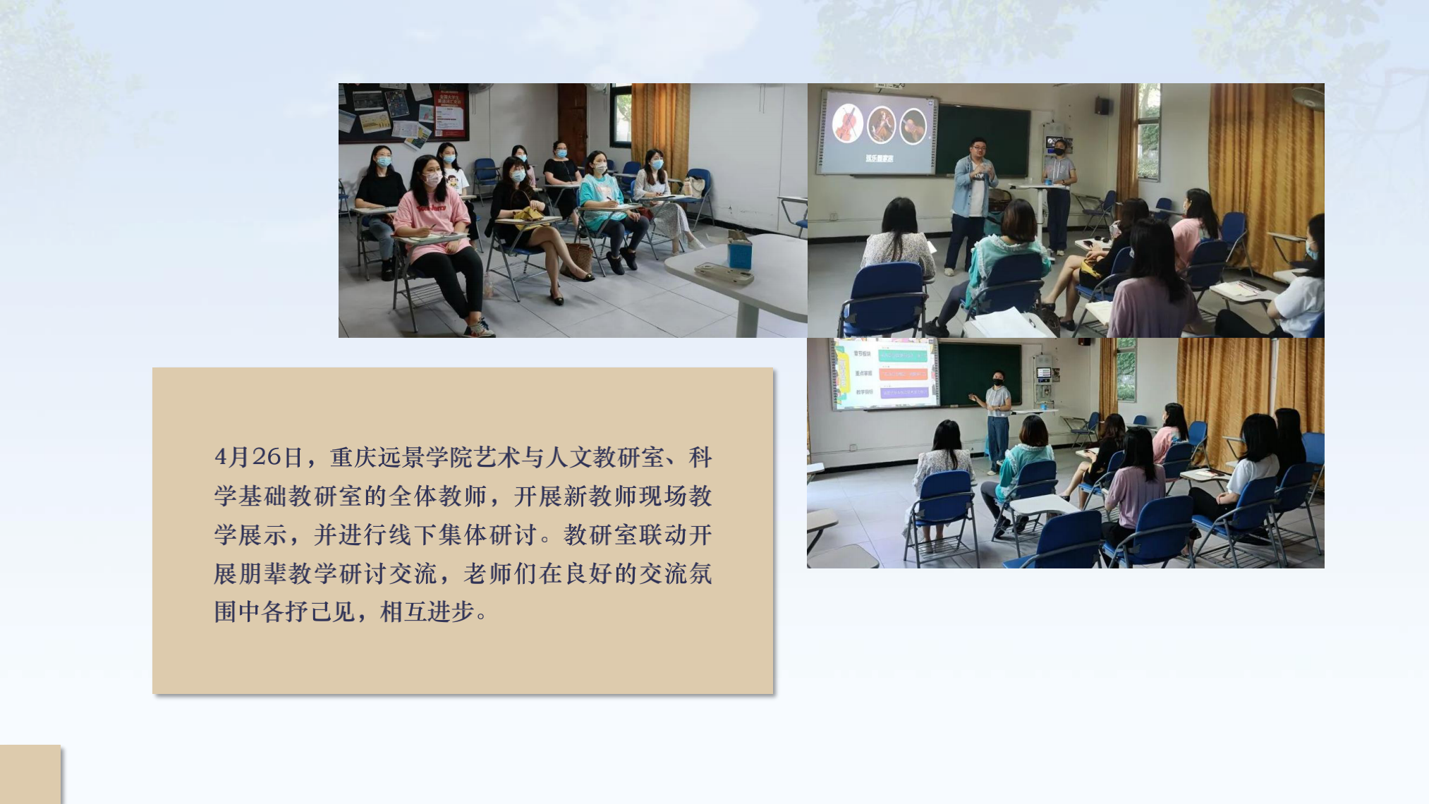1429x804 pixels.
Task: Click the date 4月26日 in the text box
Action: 258,457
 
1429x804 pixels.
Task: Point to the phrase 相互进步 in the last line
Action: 427,611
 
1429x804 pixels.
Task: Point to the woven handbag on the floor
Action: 580,258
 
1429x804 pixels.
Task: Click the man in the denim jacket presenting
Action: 973,197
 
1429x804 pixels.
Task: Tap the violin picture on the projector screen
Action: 847,123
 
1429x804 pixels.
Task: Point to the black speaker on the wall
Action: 1102,106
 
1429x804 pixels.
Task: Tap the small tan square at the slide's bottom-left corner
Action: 30,774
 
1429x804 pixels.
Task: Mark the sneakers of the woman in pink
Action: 480,329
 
